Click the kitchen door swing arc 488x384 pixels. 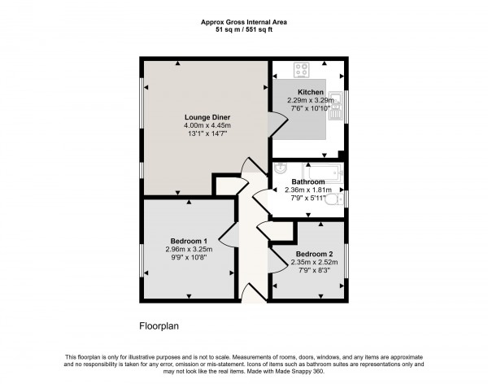point(279,124)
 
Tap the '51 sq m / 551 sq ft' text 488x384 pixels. point(243,32)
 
